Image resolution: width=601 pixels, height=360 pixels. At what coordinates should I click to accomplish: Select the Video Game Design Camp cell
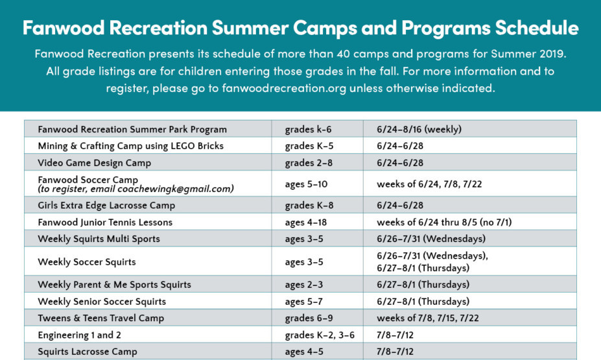[x=95, y=163]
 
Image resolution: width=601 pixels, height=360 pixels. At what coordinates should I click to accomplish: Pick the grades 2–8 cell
[x=309, y=163]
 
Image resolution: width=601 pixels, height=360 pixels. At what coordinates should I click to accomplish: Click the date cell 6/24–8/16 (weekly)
[x=419, y=129]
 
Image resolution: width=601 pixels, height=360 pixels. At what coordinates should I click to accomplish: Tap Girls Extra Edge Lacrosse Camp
[x=106, y=206]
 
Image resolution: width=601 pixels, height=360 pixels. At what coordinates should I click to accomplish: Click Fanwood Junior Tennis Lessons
[x=105, y=222]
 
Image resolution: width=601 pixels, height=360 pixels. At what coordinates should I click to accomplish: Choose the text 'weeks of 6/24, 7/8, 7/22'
[x=429, y=184]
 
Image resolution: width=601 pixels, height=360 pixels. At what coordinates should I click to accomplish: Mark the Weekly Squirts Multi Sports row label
[x=99, y=239]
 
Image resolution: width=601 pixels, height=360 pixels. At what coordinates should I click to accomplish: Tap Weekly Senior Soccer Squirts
[x=102, y=302]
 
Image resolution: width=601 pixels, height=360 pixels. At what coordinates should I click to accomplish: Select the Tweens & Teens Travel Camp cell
[x=101, y=318]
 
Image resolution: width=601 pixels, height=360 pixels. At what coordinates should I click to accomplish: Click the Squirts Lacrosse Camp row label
[x=88, y=352]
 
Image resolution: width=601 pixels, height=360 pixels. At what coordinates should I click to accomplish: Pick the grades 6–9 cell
[x=309, y=318]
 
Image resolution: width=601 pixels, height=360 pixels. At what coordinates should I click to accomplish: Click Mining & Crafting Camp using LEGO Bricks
[x=131, y=146]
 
